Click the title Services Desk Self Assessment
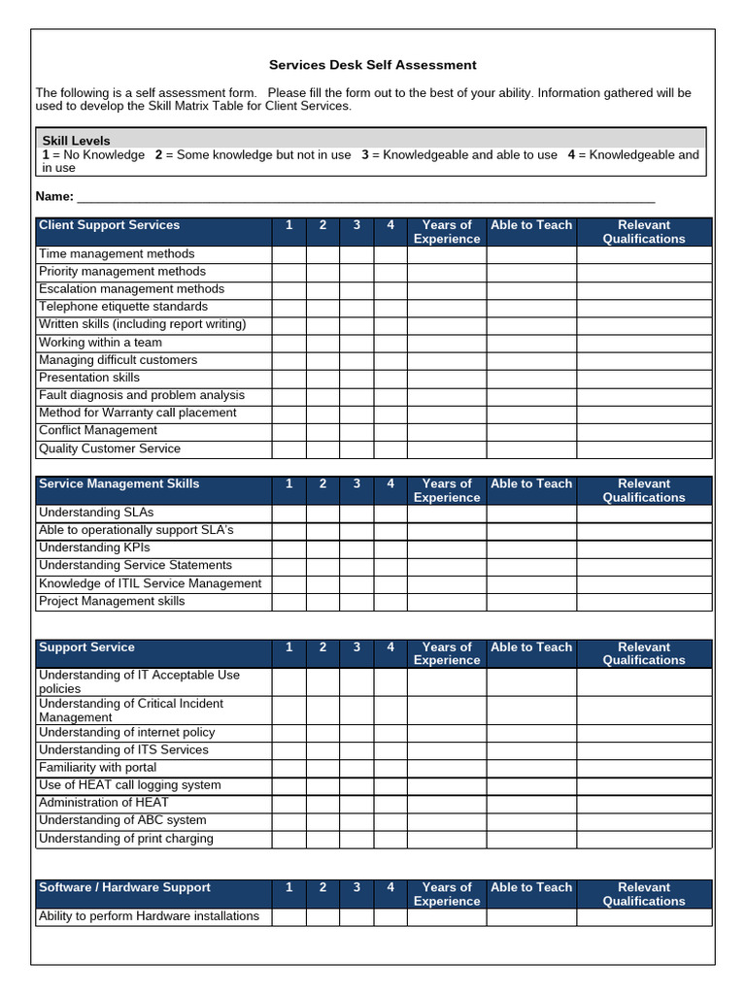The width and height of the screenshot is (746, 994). (373, 65)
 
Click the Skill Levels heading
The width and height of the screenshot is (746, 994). (76, 141)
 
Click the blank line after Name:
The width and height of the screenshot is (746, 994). (365, 196)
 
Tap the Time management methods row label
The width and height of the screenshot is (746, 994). (117, 254)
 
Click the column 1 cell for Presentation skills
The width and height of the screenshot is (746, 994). (288, 378)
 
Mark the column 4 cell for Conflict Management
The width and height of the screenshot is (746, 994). (390, 431)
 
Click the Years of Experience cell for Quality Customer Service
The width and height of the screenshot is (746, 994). (446, 449)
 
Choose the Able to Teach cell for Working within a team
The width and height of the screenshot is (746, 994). (531, 343)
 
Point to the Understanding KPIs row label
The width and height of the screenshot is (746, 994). (94, 547)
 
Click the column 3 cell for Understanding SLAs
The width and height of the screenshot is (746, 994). (356, 513)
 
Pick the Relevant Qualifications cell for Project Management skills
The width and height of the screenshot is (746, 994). (644, 602)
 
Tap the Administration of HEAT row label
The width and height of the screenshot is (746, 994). (103, 803)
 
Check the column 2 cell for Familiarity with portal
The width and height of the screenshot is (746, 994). (322, 768)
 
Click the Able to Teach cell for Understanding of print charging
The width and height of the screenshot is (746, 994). (531, 840)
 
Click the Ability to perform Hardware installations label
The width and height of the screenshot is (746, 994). (149, 916)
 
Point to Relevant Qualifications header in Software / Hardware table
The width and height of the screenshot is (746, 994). (644, 894)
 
